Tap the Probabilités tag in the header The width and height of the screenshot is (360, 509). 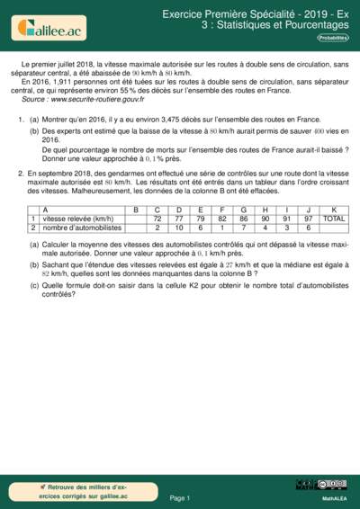335,39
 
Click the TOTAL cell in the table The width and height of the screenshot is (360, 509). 333,219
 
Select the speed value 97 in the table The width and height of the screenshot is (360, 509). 308,219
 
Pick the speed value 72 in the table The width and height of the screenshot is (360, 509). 157,219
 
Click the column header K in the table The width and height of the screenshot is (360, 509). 333,210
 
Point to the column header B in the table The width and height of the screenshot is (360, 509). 135,210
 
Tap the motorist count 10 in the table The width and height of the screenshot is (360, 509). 178,228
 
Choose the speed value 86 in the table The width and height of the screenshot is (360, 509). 243,219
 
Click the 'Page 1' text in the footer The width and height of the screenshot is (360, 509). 180,496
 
